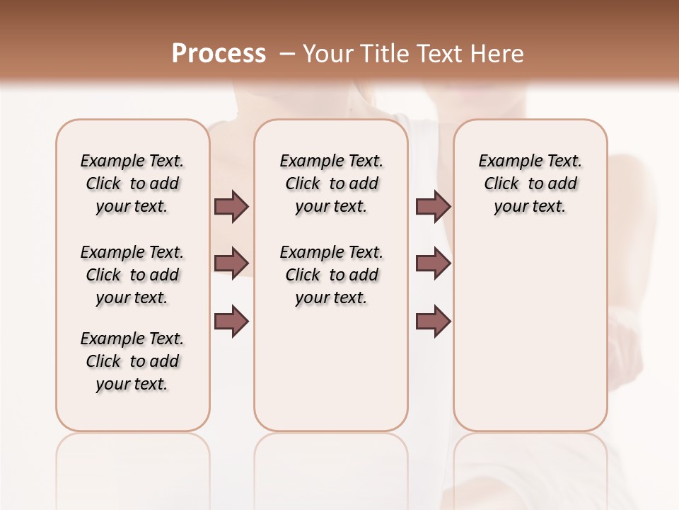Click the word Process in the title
point(219,54)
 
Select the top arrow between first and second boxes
point(231,206)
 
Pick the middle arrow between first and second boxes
point(231,263)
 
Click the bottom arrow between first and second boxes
point(231,321)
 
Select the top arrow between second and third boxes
point(433,206)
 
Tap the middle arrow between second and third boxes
point(433,263)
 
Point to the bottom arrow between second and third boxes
point(433,321)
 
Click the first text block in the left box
point(132,183)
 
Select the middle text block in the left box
point(132,275)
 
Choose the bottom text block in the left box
point(132,361)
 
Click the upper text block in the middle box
point(332,183)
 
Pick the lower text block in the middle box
point(332,275)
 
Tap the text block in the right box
point(530,183)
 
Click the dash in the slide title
point(286,54)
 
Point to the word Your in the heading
point(327,54)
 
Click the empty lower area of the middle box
point(332,368)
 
